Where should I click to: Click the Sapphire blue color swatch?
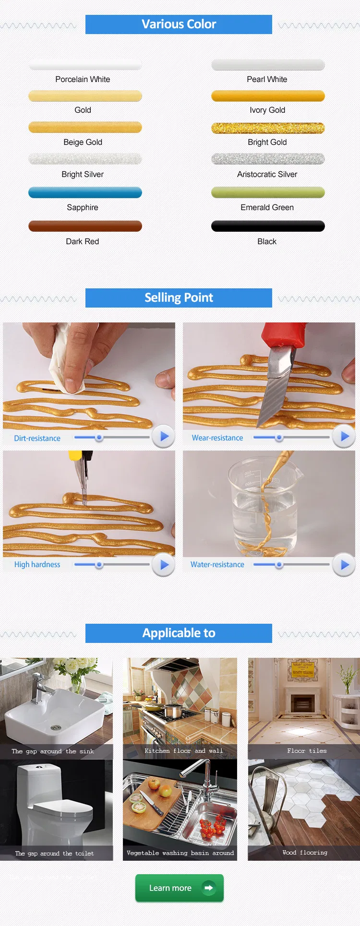pos(85,192)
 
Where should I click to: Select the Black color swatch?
pos(268,226)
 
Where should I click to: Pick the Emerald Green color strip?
pos(268,192)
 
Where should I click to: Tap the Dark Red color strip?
pos(85,226)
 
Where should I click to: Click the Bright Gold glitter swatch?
pos(268,128)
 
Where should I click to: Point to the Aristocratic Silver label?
pos(267,174)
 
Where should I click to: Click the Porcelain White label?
pos(83,79)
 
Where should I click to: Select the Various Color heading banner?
pos(179,24)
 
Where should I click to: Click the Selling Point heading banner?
pos(179,298)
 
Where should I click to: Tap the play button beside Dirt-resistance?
pos(163,437)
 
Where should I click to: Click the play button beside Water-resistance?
pos(344,565)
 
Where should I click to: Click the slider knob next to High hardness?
pos(99,565)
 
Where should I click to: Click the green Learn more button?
pos(179,888)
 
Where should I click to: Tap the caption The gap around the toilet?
pos(55,854)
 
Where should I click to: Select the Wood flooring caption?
pos(305,853)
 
